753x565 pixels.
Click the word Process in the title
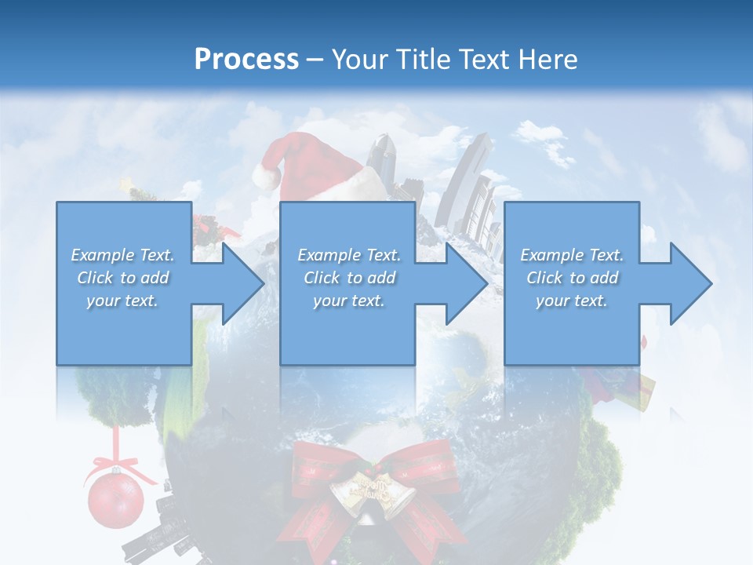pyautogui.click(x=246, y=59)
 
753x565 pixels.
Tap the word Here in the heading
pyautogui.click(x=547, y=59)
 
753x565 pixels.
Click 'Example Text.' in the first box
pyautogui.click(x=122, y=255)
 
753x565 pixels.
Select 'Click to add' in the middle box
pyautogui.click(x=349, y=278)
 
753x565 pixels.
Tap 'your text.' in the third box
pyautogui.click(x=571, y=301)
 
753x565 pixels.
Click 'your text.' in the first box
pyautogui.click(x=122, y=301)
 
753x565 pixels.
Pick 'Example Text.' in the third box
pyautogui.click(x=571, y=255)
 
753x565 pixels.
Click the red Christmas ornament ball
pyautogui.click(x=115, y=500)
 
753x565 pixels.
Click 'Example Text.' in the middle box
pyautogui.click(x=349, y=255)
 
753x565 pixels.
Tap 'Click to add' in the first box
pyautogui.click(x=122, y=278)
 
